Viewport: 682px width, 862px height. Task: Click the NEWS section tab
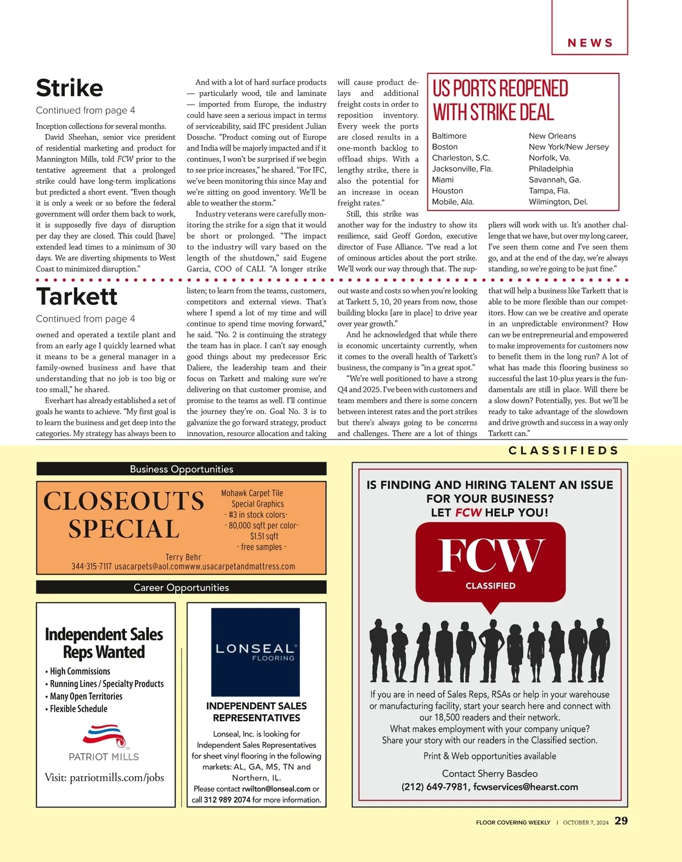click(590, 43)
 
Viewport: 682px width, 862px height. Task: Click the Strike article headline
click(69, 88)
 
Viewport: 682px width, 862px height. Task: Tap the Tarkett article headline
click(77, 297)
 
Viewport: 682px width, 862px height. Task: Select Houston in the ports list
click(447, 191)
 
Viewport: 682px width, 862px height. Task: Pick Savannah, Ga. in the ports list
click(555, 180)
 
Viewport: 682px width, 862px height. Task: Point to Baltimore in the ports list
click(449, 136)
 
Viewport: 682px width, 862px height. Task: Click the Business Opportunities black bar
click(181, 469)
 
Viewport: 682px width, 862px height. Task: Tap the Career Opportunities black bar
click(181, 587)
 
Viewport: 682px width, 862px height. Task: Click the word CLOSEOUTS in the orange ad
click(124, 502)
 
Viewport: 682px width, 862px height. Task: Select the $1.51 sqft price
click(264, 536)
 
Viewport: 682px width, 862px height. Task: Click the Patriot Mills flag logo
click(103, 735)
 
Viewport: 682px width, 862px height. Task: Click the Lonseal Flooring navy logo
click(255, 652)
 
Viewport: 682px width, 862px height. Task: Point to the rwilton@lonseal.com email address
click(276, 789)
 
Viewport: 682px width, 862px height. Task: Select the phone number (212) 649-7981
click(435, 787)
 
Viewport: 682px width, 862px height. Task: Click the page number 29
click(621, 820)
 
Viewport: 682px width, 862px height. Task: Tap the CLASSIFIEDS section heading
click(563, 451)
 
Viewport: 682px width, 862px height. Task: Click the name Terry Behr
click(183, 557)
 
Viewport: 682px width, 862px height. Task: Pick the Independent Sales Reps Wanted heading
click(104, 643)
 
